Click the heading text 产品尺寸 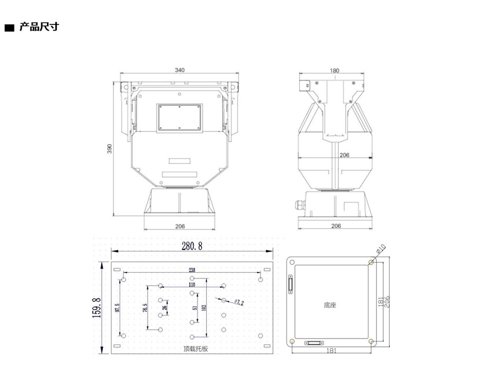click(x=38, y=27)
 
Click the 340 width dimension click(x=180, y=70)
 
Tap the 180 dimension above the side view click(x=334, y=71)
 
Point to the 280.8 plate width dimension click(x=192, y=246)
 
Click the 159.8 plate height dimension click(x=97, y=308)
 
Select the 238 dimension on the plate click(x=192, y=270)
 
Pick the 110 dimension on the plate click(x=192, y=284)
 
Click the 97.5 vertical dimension click(x=117, y=308)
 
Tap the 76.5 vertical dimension click(x=145, y=308)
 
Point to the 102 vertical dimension click(x=203, y=308)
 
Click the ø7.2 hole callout click(x=239, y=302)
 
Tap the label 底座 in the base click(x=329, y=305)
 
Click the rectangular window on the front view click(x=179, y=118)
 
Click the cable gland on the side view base click(x=300, y=204)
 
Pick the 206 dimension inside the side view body click(x=344, y=155)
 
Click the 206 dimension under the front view click(x=180, y=226)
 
